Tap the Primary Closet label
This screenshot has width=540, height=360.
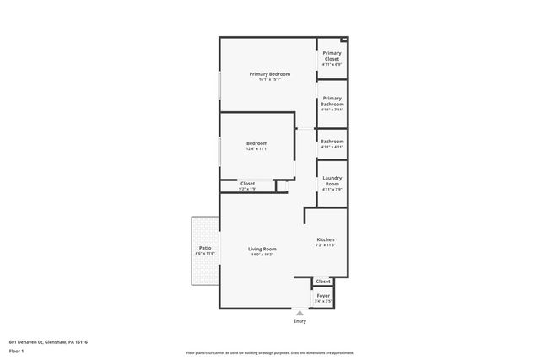tap(332, 56)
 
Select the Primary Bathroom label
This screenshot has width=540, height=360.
tap(332, 100)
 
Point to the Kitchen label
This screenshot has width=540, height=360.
tap(325, 239)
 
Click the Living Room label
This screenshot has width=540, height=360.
tap(262, 249)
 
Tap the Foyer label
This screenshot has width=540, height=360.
tap(323, 296)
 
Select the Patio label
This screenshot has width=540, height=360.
tap(205, 248)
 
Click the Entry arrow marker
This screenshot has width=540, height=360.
tap(300, 312)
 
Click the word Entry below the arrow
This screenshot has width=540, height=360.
tap(300, 321)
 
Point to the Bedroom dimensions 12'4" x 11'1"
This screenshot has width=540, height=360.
tap(257, 149)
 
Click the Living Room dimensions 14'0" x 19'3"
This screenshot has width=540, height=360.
tap(262, 255)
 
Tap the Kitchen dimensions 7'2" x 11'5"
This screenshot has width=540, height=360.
tap(325, 245)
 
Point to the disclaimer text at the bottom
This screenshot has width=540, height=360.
tap(270, 353)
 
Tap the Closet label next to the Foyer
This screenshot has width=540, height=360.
tap(323, 282)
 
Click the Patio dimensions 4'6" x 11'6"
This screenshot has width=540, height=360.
tap(205, 254)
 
